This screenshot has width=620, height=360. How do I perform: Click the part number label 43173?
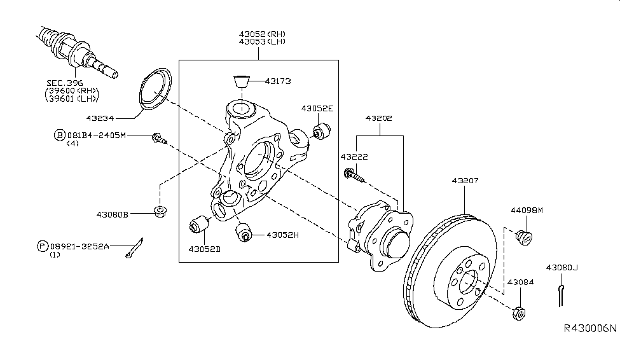point(278,81)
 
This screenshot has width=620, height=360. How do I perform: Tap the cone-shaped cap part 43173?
point(241,81)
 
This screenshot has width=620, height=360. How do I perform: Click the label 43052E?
point(317,108)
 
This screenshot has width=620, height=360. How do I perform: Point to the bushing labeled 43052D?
point(199,225)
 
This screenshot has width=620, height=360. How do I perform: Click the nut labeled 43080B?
point(160,212)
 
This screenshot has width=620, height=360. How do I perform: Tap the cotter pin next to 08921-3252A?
point(134,249)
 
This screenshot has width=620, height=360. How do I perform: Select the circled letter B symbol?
point(59,135)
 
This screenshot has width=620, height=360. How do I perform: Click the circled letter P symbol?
point(43,246)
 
